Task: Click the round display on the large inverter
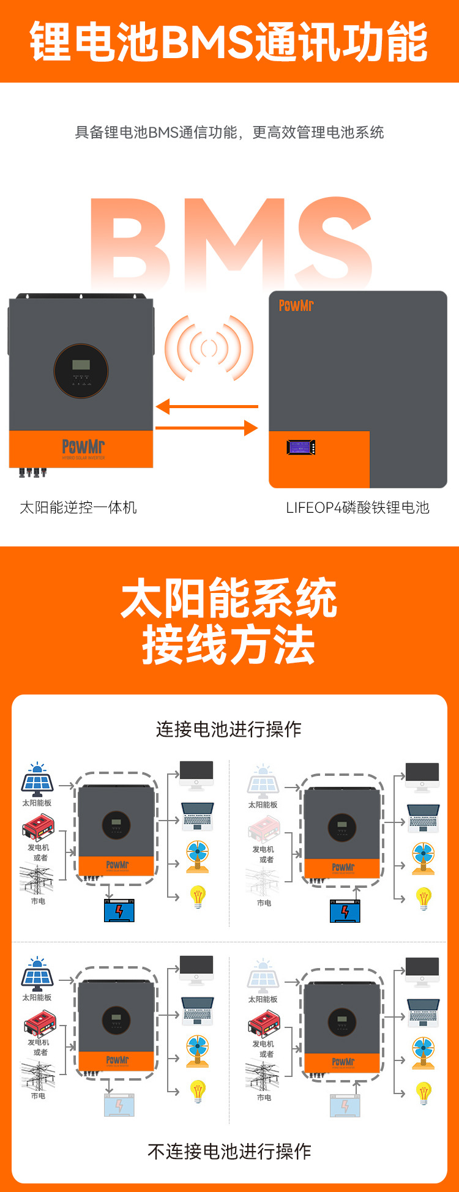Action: coord(81,371)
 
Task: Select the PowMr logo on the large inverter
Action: coord(83,447)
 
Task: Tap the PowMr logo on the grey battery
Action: coord(296,305)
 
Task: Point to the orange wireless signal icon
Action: coord(209,348)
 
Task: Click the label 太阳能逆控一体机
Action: coord(78,507)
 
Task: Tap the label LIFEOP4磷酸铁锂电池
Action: coord(357,507)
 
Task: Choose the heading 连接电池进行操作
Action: coord(229,729)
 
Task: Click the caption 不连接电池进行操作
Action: coord(229,1151)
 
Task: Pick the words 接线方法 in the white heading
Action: coord(229,645)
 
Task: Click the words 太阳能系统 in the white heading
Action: coord(229,598)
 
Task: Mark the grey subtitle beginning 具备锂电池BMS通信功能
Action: coord(229,132)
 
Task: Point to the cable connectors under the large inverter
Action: coord(32,472)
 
